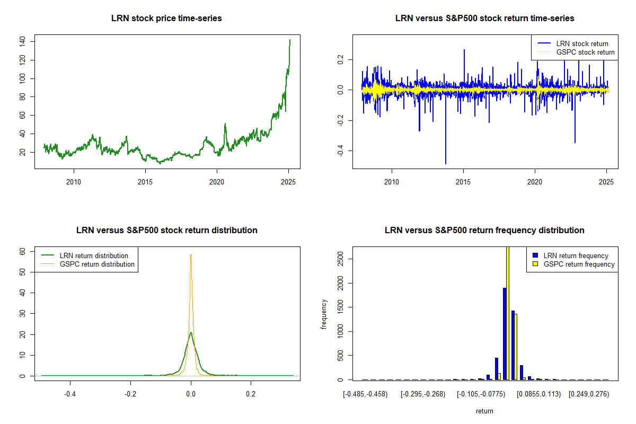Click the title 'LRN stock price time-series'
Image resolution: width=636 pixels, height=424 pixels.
tap(166, 19)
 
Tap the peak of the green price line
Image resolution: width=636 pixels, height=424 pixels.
tap(290, 40)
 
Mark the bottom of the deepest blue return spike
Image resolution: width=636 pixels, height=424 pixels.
tap(446, 164)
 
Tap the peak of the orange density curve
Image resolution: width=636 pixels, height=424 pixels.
tap(191, 254)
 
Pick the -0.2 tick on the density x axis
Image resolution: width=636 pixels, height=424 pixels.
tap(130, 394)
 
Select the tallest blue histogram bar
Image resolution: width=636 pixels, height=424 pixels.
tap(505, 333)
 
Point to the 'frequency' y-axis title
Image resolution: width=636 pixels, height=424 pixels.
tap(324, 314)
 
